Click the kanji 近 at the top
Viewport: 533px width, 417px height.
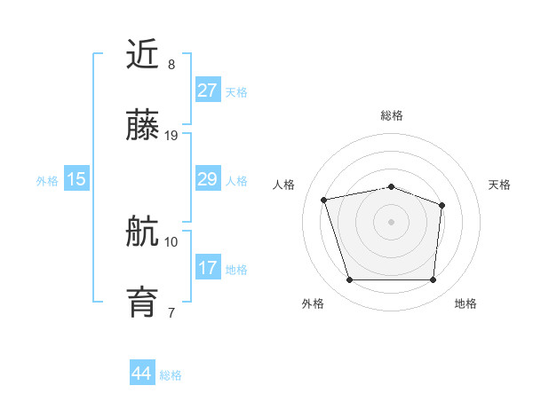(143, 56)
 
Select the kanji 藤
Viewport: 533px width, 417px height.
(143, 128)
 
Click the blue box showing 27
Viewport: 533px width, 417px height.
(207, 90)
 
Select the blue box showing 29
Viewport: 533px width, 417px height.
(207, 179)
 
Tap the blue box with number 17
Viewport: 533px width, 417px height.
(207, 268)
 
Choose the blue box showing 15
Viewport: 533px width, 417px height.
(76, 179)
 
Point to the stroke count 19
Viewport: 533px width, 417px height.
(171, 136)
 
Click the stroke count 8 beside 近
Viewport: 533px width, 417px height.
(171, 65)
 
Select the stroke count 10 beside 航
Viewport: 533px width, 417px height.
(171, 241)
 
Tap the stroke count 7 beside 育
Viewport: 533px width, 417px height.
(171, 312)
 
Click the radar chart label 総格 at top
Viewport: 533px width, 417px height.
(392, 115)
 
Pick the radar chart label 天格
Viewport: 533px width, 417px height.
(499, 185)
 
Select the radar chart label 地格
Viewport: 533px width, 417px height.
(465, 303)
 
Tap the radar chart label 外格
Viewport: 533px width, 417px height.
(313, 303)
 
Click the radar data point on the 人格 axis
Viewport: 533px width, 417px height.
(324, 200)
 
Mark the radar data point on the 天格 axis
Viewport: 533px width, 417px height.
(442, 205)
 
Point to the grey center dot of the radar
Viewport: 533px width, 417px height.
(392, 221)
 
